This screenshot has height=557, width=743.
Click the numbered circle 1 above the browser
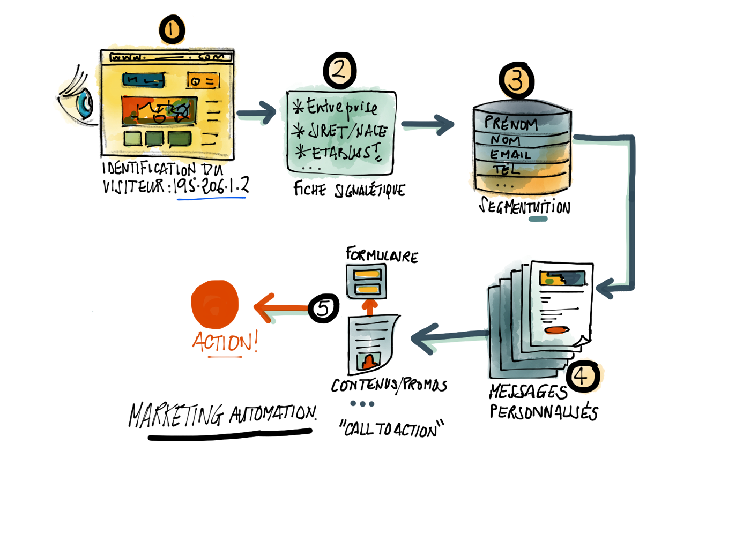(172, 29)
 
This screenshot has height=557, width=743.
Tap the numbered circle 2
(340, 71)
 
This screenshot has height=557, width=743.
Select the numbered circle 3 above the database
(516, 80)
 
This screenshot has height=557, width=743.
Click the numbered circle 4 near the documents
(583, 375)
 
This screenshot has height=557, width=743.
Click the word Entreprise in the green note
(341, 107)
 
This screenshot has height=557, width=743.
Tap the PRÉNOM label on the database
(510, 124)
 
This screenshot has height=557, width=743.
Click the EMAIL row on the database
(510, 155)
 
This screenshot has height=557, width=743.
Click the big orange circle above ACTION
(215, 304)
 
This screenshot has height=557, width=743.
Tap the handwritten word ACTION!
(225, 342)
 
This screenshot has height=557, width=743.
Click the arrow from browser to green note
(257, 113)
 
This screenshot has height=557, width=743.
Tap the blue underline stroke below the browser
(211, 198)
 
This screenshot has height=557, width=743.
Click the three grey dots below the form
(362, 403)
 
